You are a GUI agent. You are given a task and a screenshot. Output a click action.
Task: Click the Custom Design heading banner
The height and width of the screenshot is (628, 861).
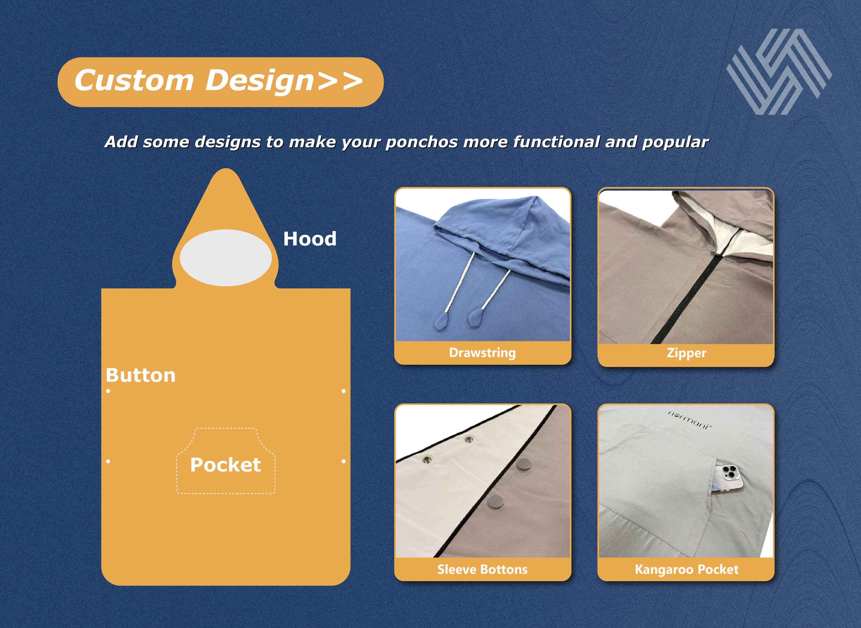pos(220,82)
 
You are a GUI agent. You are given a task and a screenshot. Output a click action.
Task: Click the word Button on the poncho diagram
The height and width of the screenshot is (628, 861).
pos(141,375)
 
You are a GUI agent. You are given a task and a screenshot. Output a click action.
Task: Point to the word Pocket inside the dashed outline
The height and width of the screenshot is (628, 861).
pos(226,464)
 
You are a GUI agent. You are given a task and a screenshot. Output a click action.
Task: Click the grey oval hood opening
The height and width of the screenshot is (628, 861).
pos(226,258)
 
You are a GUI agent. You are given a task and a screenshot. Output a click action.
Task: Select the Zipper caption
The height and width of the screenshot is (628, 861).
pos(686,353)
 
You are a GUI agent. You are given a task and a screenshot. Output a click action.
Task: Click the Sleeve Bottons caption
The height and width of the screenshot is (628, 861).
pos(482,569)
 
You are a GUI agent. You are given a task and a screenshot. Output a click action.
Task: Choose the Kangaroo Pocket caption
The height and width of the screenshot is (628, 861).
pos(687,569)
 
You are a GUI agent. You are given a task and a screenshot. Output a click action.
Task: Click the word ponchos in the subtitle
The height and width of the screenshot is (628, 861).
pos(422,142)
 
